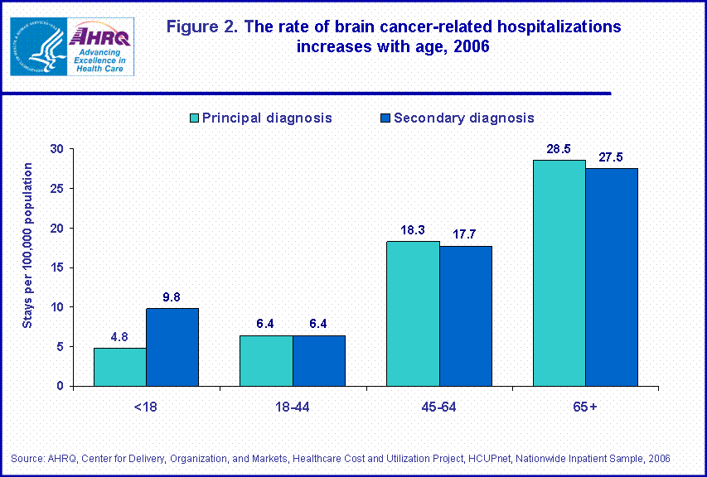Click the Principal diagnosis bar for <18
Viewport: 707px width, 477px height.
[119, 367]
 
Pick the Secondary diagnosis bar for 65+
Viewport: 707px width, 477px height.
[612, 277]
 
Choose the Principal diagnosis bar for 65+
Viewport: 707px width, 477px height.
[559, 272]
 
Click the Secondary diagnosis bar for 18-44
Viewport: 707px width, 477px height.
[319, 360]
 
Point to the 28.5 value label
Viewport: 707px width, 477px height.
[559, 149]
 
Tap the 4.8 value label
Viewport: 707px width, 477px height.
[119, 337]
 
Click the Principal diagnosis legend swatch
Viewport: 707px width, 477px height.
[195, 118]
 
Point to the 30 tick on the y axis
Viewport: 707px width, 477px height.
[56, 149]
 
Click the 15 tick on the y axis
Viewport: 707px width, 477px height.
[56, 267]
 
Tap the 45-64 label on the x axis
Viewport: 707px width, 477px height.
[439, 406]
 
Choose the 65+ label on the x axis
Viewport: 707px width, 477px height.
[585, 406]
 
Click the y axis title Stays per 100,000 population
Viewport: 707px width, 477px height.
[27, 245]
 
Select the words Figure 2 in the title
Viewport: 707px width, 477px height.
[201, 26]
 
